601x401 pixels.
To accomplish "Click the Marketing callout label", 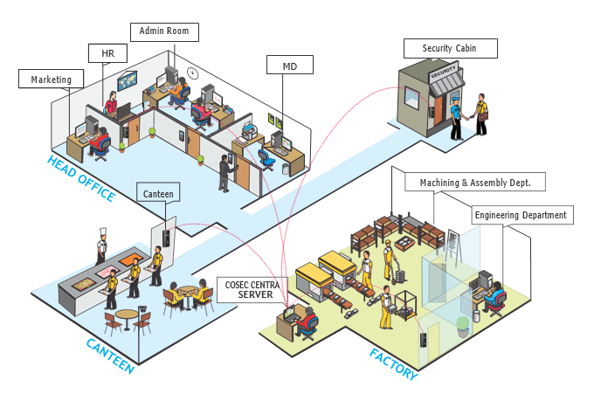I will (51, 80).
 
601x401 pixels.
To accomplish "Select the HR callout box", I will (108, 53).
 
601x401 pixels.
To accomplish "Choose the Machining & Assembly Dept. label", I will (475, 182).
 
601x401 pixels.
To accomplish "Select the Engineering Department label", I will (520, 215).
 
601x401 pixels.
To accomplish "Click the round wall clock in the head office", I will (192, 72).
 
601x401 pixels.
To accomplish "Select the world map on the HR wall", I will (128, 80).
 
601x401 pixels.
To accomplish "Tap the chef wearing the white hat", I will (100, 245).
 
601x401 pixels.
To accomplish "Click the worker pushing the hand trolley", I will (389, 262).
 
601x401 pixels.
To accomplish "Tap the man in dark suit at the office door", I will (225, 172).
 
